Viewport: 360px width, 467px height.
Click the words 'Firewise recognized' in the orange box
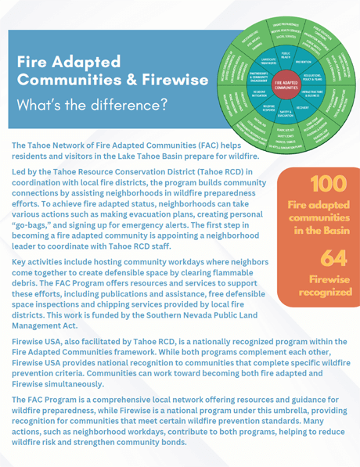324,286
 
